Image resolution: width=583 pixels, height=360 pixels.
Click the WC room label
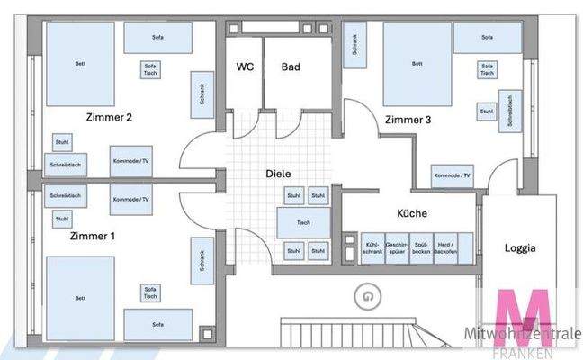tap(242, 67)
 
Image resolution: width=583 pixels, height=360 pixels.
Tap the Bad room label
tap(291, 67)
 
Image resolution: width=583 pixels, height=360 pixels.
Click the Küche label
tap(412, 213)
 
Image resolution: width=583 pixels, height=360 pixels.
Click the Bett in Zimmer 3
tap(417, 63)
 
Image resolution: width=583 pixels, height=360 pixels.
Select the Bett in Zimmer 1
tap(80, 297)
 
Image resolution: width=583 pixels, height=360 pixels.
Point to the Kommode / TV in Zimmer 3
tap(452, 176)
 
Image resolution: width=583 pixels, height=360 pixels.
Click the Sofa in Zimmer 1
tap(158, 322)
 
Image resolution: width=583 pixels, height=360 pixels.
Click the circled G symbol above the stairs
tap(366, 293)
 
